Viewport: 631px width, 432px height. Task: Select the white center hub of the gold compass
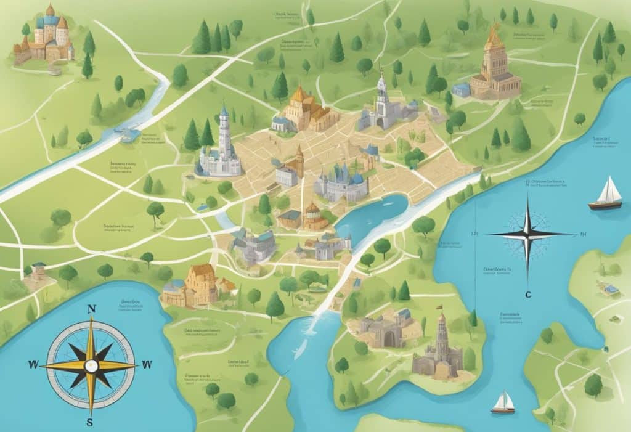(x=92, y=365)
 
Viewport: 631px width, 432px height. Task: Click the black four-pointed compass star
(x=528, y=234)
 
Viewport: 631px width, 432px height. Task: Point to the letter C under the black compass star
(x=527, y=295)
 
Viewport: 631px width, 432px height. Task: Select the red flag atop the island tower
(x=440, y=306)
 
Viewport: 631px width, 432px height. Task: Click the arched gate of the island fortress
(x=389, y=338)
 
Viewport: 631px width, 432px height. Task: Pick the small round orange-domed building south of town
(x=313, y=217)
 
